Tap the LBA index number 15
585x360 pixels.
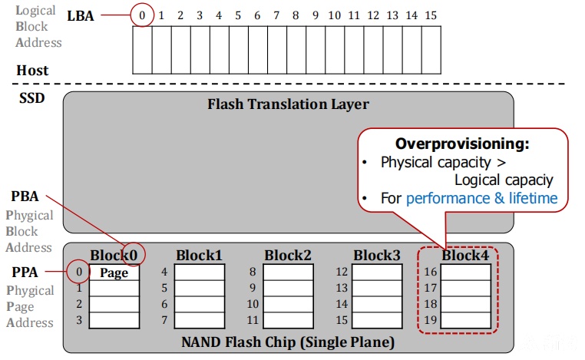click(431, 15)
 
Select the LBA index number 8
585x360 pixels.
click(296, 15)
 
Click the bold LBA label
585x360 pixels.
click(80, 16)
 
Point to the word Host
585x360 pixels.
click(32, 71)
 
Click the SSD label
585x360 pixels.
click(32, 98)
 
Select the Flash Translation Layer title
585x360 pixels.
click(288, 104)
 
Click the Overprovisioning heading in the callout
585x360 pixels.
click(462, 144)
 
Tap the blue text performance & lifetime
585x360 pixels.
click(481, 198)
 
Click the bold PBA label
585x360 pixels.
click(25, 197)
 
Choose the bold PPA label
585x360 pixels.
click(25, 272)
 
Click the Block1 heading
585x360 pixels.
click(200, 256)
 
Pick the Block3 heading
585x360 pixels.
click(377, 256)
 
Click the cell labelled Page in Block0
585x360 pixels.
click(114, 272)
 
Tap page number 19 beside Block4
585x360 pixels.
click(431, 320)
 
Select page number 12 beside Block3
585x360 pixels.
click(342, 272)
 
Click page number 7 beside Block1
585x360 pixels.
click(164, 320)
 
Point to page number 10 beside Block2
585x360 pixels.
click(253, 304)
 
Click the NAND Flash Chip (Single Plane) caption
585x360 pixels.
click(288, 342)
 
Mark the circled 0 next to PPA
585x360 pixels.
click(79, 272)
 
